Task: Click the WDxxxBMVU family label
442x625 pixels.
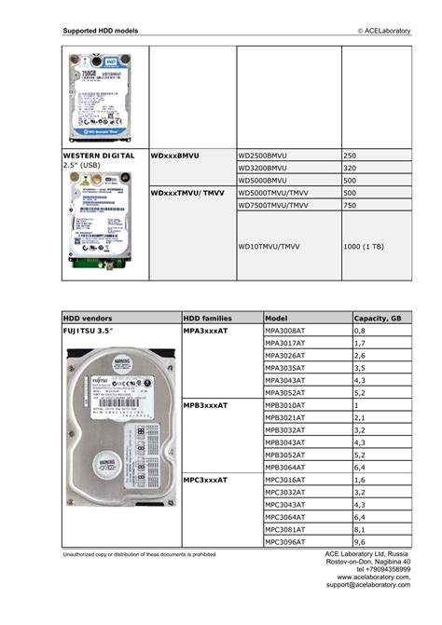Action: click(176, 155)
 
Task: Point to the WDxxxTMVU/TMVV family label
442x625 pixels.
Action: click(187, 193)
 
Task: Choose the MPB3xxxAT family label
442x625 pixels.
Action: click(206, 405)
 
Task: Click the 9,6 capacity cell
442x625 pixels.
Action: click(360, 541)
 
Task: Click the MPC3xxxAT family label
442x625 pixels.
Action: click(206, 480)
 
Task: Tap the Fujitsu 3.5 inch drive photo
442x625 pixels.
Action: click(120, 426)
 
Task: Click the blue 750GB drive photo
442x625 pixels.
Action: click(104, 96)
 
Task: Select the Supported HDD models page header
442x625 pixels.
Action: click(101, 31)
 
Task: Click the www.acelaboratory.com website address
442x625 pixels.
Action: click(373, 577)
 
